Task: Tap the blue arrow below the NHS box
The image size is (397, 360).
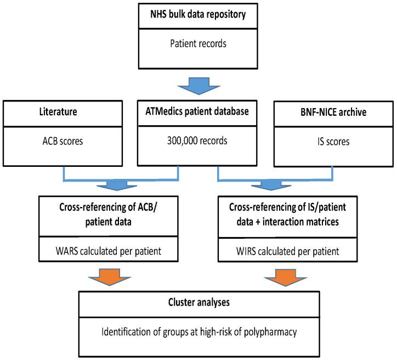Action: coord(198,83)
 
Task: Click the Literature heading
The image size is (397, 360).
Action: coord(54,113)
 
